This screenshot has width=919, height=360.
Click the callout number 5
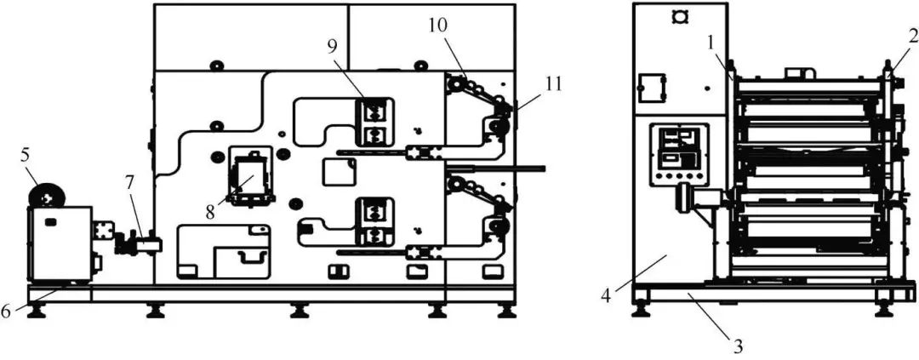point(26,157)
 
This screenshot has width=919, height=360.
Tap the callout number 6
point(6,311)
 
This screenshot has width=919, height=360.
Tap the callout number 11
point(529,83)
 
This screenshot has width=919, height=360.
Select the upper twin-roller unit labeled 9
point(374,123)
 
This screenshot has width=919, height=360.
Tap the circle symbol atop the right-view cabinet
point(679,17)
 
